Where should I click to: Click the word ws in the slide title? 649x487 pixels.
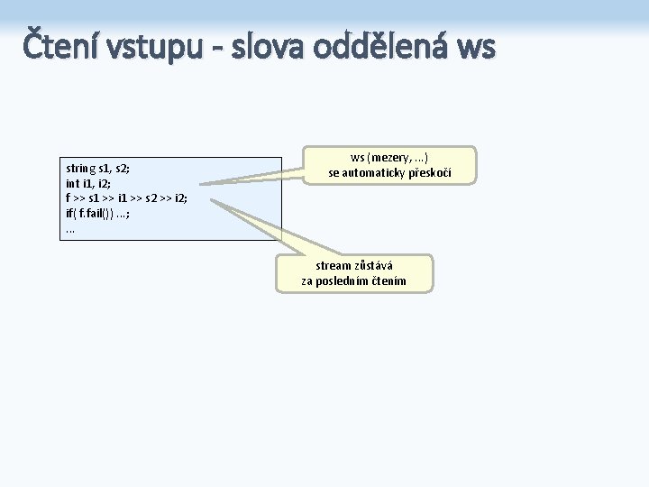point(476,47)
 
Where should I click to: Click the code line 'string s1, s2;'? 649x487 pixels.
point(98,168)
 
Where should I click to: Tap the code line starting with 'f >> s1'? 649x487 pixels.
point(126,198)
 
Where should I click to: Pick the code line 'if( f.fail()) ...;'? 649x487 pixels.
point(105,213)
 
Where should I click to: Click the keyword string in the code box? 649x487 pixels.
point(81,168)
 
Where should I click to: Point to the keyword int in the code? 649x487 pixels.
point(73,183)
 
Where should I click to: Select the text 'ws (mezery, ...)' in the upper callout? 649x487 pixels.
point(389,157)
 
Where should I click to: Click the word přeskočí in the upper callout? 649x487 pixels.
point(431,172)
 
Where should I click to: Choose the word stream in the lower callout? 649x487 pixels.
point(334,266)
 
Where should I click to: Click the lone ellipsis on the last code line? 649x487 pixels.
point(70,228)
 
